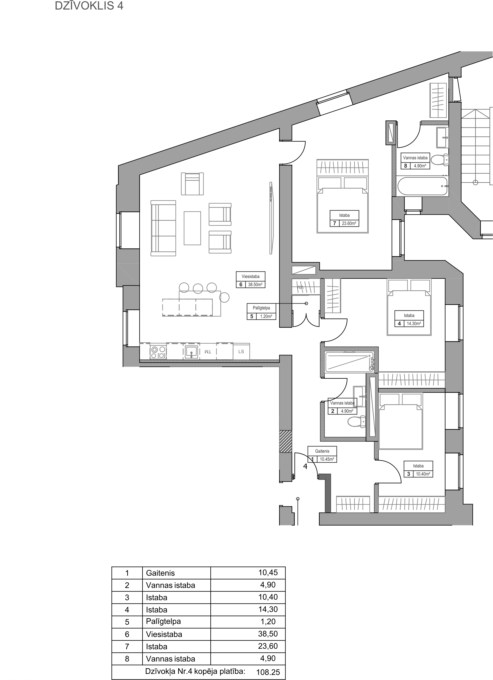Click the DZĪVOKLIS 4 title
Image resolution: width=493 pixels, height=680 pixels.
coord(89,6)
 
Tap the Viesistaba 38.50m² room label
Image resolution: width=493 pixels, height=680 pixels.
coord(250,280)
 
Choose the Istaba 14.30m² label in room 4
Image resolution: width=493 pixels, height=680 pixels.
coord(409,319)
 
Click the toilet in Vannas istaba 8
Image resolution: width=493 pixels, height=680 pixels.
coord(441,160)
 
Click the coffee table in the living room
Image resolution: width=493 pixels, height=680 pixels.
coord(192,228)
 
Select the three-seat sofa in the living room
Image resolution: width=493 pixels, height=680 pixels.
coord(163,228)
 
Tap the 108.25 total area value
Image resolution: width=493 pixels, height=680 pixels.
coord(268,672)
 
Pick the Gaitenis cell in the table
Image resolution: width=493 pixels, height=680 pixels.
coord(160,573)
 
